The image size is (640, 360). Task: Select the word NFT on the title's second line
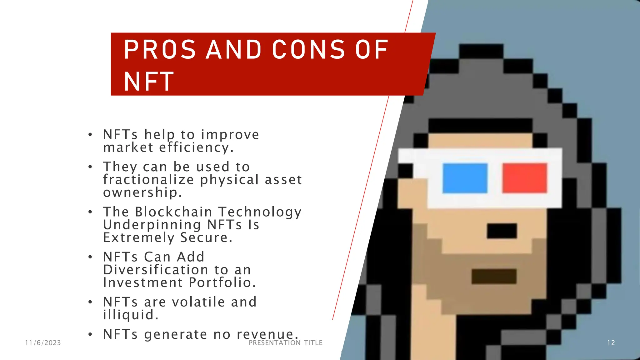(149, 82)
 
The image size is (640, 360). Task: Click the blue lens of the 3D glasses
(465, 178)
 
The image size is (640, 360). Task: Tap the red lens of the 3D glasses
(525, 178)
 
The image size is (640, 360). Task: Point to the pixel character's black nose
(502, 231)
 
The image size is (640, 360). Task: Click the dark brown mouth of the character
(494, 276)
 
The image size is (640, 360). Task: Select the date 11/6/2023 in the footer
(43, 343)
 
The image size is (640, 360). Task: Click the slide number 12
(611, 343)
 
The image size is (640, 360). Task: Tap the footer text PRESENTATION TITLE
(286, 343)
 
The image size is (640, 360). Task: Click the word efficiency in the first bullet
(196, 147)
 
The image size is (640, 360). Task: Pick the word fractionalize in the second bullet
(149, 180)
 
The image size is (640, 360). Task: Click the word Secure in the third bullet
(206, 237)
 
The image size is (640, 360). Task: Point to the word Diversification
(156, 270)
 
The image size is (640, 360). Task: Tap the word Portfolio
(222, 282)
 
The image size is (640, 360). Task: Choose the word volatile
(198, 302)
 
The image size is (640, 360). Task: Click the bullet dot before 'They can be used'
(90, 167)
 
